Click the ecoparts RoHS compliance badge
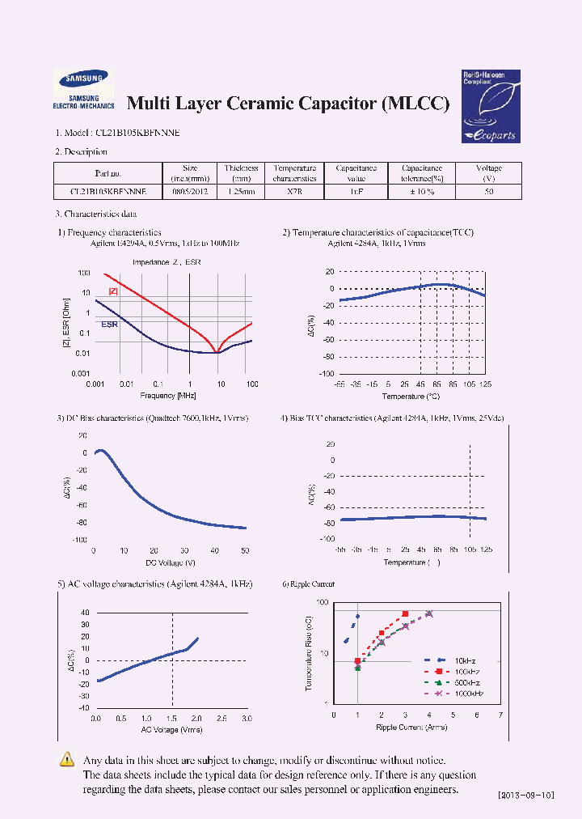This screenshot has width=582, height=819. pos(490,105)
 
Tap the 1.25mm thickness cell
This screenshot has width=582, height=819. pos(242,193)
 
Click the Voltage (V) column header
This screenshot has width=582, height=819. pos(489,173)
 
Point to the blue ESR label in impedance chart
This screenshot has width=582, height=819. pos(109,324)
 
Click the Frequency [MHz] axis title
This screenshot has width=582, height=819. pos(168,395)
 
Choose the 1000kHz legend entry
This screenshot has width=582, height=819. pos(467,694)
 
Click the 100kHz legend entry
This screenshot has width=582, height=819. pos(467,671)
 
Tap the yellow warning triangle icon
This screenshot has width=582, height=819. pos(68,760)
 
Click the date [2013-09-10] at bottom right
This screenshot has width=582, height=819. pos(525,796)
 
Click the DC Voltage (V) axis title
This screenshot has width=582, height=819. pos(171,562)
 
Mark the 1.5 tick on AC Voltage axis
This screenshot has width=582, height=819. pos(171,719)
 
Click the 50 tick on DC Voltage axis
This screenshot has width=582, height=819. pos(245,550)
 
